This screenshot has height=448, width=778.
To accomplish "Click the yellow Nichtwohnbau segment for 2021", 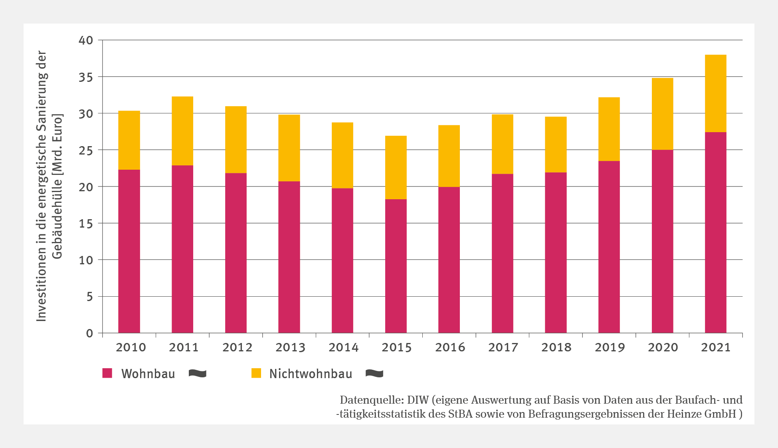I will click(715, 93).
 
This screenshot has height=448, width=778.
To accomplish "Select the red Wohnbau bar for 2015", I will click(396, 266).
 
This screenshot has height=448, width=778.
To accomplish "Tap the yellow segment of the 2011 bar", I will click(182, 131).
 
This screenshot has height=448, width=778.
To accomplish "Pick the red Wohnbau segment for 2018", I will click(556, 252).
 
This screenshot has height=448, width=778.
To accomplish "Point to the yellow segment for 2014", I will click(342, 155).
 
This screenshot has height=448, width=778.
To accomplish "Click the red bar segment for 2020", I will click(662, 241).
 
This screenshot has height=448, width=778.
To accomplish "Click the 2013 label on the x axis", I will click(290, 347).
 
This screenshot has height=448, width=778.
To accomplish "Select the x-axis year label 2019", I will click(610, 347).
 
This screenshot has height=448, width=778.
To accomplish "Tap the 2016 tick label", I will click(450, 347).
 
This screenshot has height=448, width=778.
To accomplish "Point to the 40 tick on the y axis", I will click(86, 40).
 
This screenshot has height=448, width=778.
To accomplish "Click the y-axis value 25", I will click(86, 151).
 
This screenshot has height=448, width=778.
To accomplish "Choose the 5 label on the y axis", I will click(89, 297).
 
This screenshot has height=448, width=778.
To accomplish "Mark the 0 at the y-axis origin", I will click(89, 333).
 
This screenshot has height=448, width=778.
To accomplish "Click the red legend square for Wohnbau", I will click(107, 373).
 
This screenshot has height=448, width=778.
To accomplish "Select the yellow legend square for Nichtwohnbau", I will click(256, 373).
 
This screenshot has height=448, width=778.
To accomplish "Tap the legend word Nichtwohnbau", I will click(311, 374).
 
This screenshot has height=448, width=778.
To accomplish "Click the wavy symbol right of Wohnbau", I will click(198, 374).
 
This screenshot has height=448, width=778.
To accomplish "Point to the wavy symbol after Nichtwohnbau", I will click(374, 374).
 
